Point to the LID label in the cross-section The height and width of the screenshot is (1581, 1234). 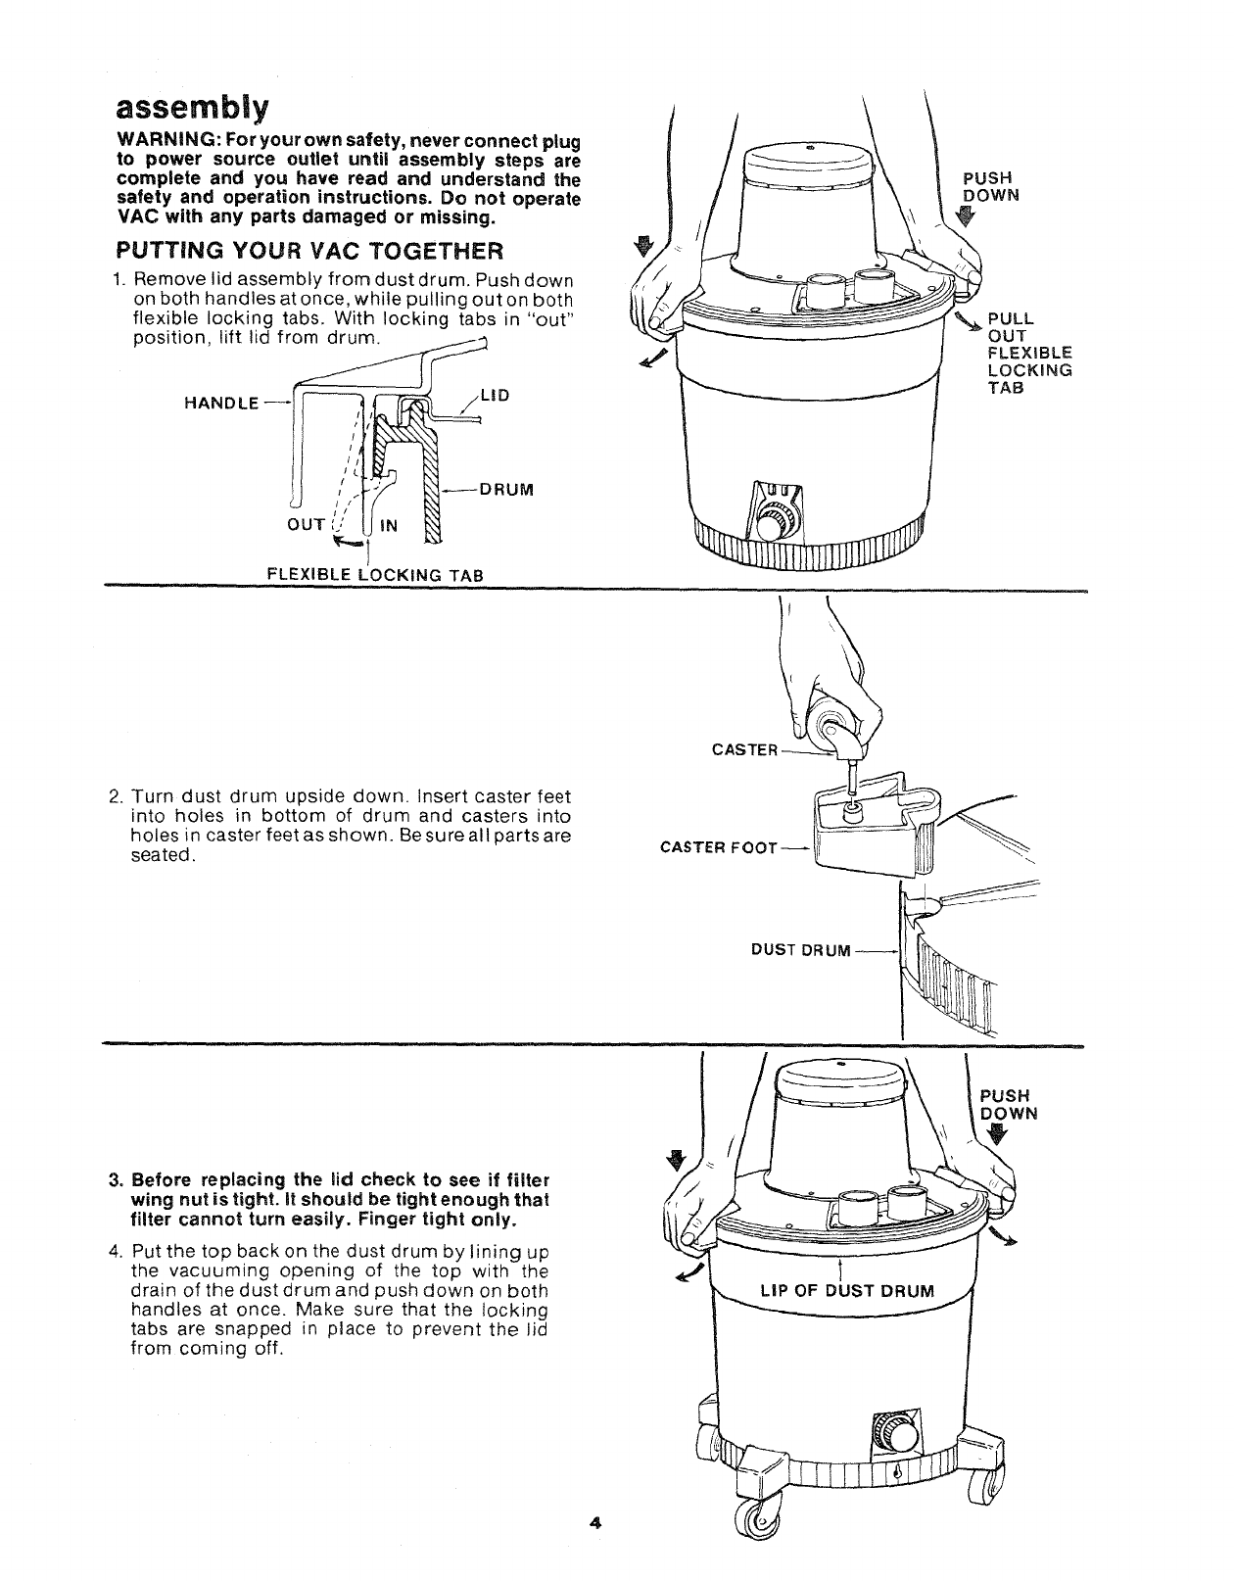497,395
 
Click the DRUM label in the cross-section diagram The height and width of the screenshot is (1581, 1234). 506,489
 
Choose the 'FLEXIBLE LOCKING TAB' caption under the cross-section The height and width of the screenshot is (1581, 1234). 376,575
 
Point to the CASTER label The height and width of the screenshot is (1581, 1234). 744,750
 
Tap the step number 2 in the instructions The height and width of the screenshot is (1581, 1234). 115,797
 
